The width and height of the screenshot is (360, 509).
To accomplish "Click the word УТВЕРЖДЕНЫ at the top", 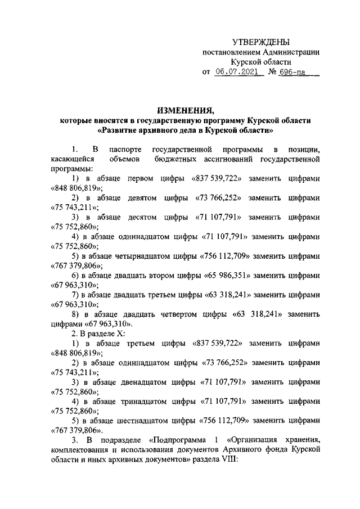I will point(261,42).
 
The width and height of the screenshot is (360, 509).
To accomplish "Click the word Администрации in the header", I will point(288,52).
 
